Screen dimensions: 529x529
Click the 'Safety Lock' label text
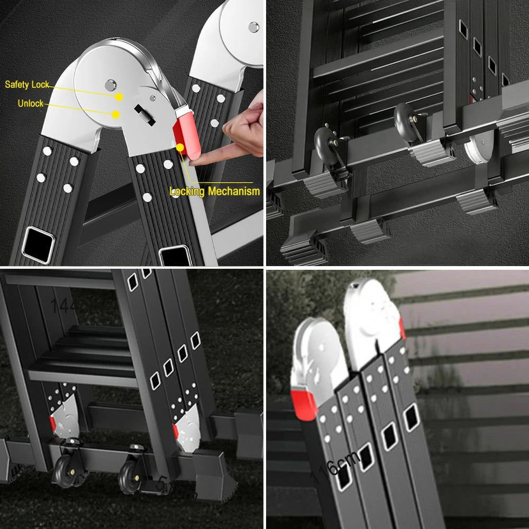[27, 85]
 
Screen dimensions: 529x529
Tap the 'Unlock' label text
[31, 104]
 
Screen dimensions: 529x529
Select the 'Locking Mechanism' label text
[215, 191]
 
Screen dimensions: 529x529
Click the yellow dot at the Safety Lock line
[120, 97]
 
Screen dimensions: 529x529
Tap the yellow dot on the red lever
[180, 147]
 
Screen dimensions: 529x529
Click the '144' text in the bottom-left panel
[63, 305]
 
